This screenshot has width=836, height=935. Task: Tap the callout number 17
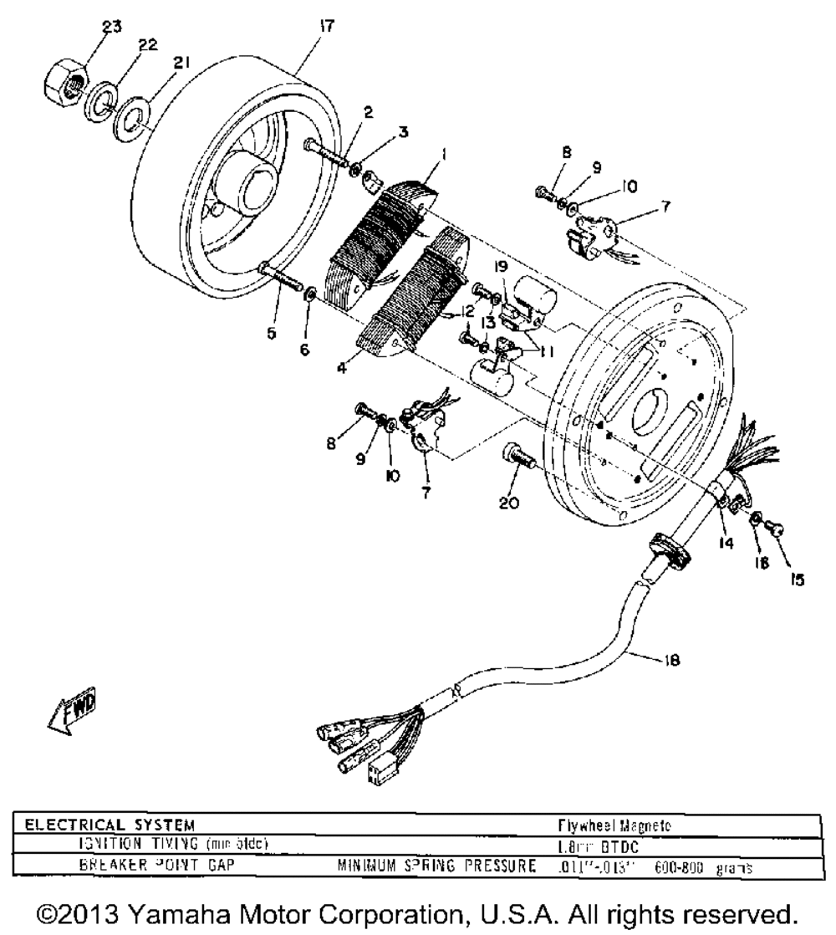coord(327,27)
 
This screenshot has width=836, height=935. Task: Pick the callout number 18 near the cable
coord(671,660)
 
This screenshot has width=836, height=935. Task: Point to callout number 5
coord(270,309)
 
